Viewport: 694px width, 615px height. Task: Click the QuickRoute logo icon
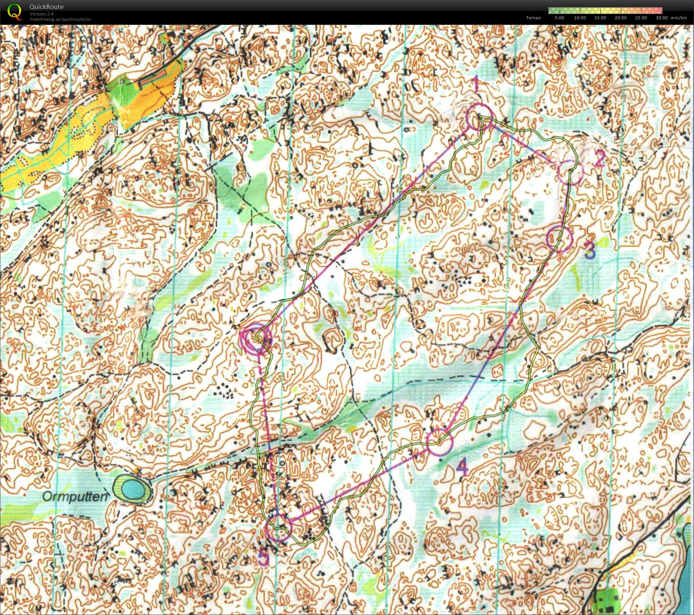pos(14,11)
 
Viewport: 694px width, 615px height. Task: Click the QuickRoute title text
pos(46,7)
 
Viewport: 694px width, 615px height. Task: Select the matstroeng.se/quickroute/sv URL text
pos(60,19)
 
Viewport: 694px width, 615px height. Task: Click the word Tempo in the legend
pos(533,18)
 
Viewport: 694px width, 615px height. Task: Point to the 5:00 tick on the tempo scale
pos(559,18)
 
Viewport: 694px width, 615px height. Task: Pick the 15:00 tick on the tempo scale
pos(600,18)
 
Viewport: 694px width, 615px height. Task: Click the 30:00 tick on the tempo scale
pos(661,18)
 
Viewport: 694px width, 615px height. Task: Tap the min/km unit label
pos(679,18)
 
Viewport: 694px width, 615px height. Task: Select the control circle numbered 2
pos(570,172)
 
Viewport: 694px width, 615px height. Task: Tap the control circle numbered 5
pos(279,529)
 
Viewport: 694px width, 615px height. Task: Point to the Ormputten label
pos(74,496)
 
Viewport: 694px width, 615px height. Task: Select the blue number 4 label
pos(462,467)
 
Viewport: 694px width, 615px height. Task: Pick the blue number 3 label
pos(590,250)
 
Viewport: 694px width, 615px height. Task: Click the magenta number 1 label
pos(476,84)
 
